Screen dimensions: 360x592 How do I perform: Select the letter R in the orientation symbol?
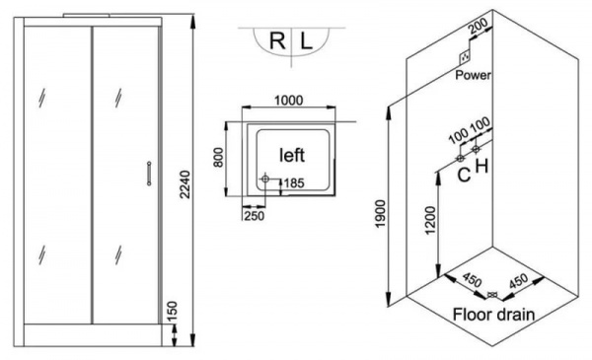tap(278, 43)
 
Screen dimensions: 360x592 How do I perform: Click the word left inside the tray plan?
tap(292, 155)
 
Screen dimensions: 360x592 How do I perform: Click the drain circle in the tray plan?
tap(264, 180)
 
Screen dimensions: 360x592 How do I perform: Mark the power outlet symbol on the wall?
tap(464, 57)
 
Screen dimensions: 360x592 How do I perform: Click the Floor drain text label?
tap(493, 316)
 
